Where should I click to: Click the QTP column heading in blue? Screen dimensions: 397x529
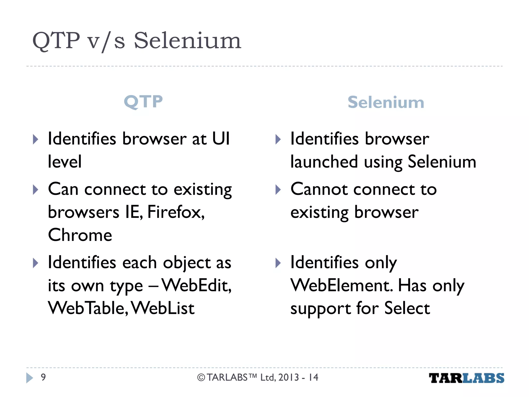tap(143, 102)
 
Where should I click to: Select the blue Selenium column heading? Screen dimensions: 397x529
tap(386, 102)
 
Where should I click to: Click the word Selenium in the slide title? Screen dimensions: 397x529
tap(187, 41)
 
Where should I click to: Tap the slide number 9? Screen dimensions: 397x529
tap(43, 377)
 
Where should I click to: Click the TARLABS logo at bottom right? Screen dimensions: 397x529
tap(466, 378)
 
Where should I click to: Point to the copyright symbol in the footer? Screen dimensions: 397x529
tap(201, 378)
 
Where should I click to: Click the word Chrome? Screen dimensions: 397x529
tap(80, 235)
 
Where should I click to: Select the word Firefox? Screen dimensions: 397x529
tap(176, 212)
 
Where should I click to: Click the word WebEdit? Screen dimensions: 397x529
tap(196, 286)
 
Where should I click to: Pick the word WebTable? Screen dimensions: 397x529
tap(88, 308)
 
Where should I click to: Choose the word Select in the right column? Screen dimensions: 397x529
tap(407, 308)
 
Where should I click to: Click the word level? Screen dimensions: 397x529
tap(65, 162)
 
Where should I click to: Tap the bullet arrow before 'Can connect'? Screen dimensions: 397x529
tap(36, 190)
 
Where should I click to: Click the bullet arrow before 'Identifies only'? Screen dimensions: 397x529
tap(278, 263)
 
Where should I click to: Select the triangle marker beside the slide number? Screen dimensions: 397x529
tap(30, 378)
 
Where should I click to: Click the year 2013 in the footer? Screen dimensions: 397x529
tap(289, 378)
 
